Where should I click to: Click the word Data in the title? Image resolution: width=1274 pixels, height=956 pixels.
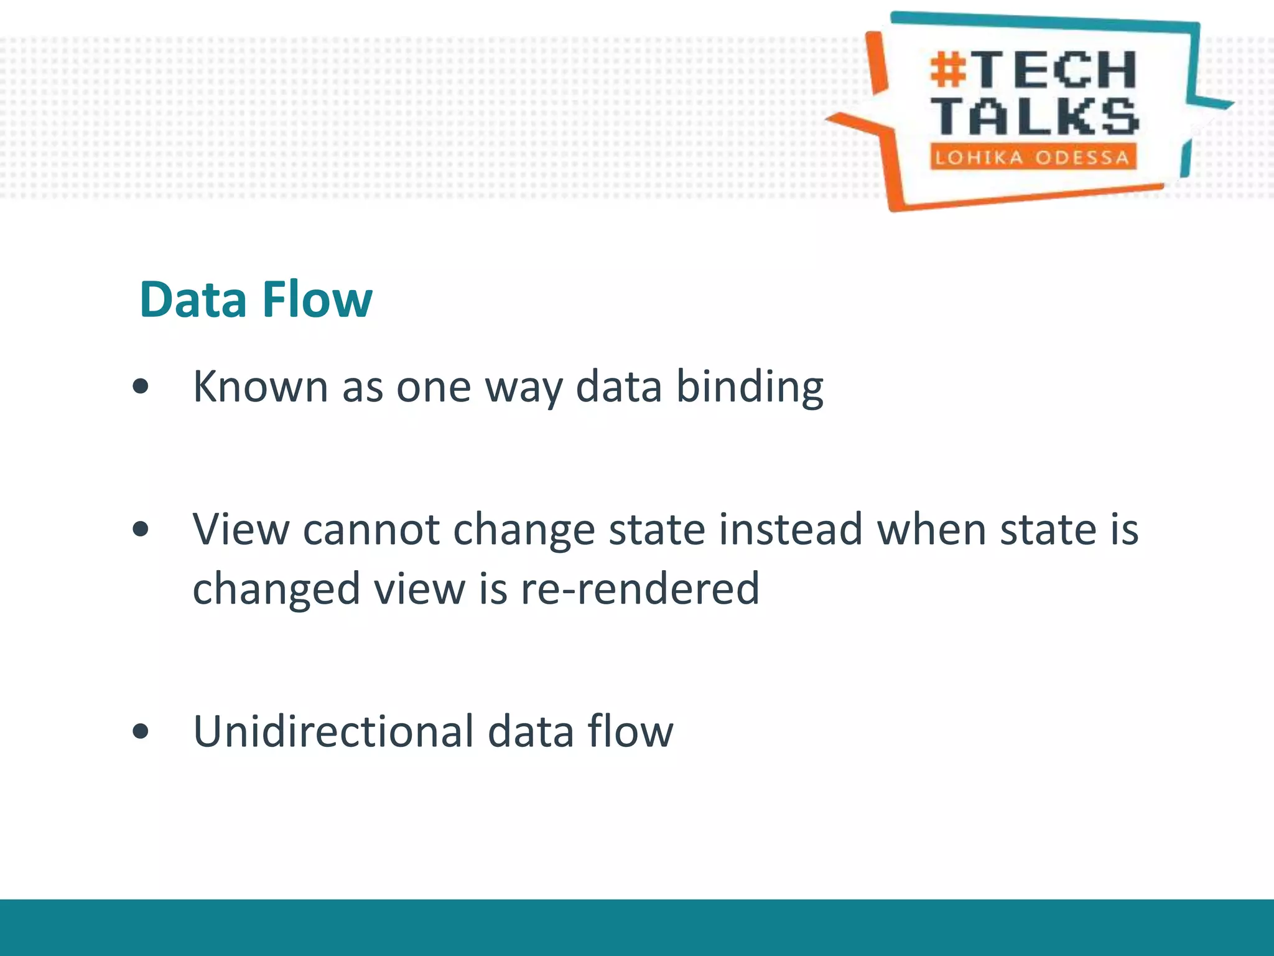[193, 300]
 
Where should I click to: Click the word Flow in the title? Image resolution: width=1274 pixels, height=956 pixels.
[317, 300]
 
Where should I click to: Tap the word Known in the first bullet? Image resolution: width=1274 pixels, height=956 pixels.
[260, 387]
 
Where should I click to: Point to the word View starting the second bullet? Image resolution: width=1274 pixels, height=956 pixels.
[241, 530]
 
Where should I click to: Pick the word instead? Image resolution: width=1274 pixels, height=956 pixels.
[790, 530]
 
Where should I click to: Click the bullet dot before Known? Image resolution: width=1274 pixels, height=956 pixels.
[141, 387]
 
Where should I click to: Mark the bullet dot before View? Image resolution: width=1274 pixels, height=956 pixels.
[141, 530]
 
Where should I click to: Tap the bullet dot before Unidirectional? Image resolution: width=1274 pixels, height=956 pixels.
[141, 731]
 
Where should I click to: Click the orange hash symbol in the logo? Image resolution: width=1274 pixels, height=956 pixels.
[949, 69]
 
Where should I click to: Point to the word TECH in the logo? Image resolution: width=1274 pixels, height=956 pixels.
[1055, 69]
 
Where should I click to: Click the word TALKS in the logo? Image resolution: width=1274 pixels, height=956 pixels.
[1035, 116]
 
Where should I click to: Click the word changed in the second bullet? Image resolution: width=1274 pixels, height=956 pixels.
[276, 589]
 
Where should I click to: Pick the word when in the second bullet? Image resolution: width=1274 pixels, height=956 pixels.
[931, 530]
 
